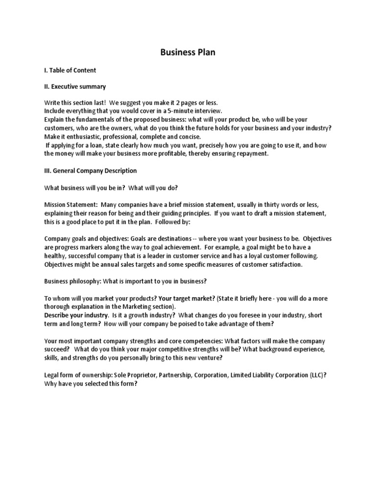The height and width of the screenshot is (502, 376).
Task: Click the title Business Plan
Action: [x=188, y=52]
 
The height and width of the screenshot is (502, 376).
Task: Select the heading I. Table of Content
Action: [x=70, y=70]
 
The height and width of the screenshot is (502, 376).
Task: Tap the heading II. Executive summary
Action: [x=75, y=87]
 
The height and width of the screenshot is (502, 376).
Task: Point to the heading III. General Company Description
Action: [x=91, y=171]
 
